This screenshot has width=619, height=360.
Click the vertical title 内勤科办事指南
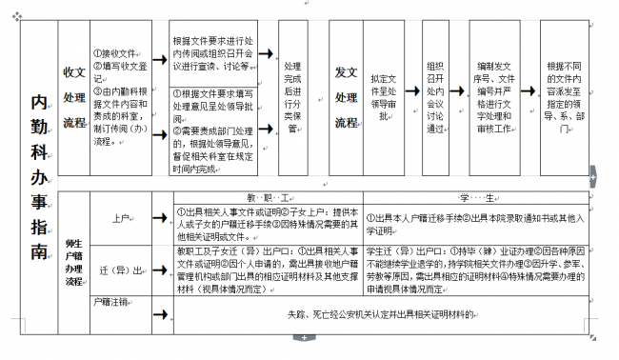tap(39, 176)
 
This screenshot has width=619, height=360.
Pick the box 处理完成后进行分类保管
tap(293, 94)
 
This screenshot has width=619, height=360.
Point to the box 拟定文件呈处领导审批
tap(389, 94)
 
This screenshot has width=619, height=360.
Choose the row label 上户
tap(120, 218)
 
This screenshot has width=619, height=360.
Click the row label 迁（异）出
tap(120, 270)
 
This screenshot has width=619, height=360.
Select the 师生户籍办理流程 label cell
tap(72, 256)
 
